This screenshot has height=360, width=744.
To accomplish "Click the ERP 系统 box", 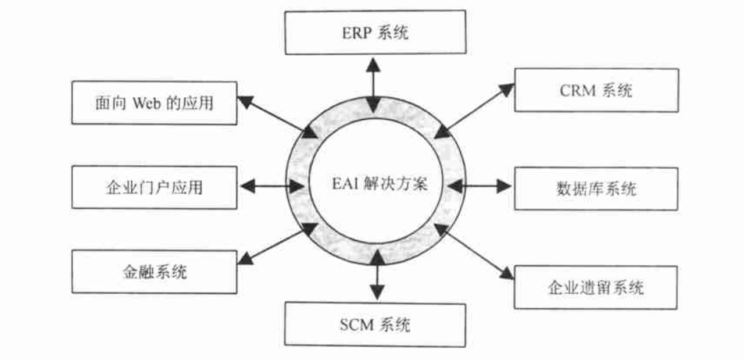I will [x=375, y=33].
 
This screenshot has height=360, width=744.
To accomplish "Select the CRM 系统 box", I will [x=596, y=90].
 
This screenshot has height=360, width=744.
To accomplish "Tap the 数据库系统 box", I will [x=596, y=188].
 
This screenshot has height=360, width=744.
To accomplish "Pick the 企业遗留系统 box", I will [x=596, y=287].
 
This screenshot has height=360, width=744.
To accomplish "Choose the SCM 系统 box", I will [x=375, y=325].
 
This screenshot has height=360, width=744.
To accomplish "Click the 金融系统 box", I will [x=154, y=272].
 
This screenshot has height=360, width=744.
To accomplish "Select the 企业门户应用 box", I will [x=154, y=187].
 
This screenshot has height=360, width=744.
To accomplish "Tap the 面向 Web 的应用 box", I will [x=154, y=103].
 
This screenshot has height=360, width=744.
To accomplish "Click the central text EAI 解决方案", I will [x=375, y=186].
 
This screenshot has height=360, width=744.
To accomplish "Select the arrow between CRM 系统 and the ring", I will [x=474, y=111].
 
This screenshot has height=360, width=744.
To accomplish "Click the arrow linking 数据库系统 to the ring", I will [x=480, y=186].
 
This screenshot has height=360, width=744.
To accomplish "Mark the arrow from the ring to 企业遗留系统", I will [x=474, y=252].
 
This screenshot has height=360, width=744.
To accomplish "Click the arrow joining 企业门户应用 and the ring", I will [x=271, y=187].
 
